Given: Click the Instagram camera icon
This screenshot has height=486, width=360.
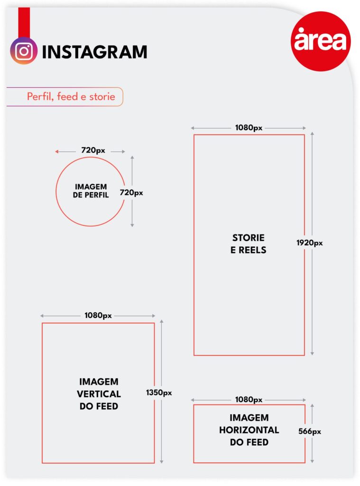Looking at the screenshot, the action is coord(24,51).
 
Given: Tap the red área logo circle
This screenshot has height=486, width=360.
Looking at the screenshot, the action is coord(321,41).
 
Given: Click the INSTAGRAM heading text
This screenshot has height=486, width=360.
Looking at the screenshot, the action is coord(94,52).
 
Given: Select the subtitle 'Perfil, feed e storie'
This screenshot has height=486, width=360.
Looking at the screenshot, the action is coord(71,96).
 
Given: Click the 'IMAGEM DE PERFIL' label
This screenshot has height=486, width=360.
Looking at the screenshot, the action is coord(91,191).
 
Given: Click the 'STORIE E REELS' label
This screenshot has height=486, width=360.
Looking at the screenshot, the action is coord(248,243).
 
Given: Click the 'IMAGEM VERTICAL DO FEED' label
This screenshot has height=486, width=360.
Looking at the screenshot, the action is coord(99,393).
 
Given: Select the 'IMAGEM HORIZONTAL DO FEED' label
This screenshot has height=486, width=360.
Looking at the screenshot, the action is coord(249,430).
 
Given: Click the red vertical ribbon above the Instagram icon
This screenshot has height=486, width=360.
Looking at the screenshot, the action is coord(24,22).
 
